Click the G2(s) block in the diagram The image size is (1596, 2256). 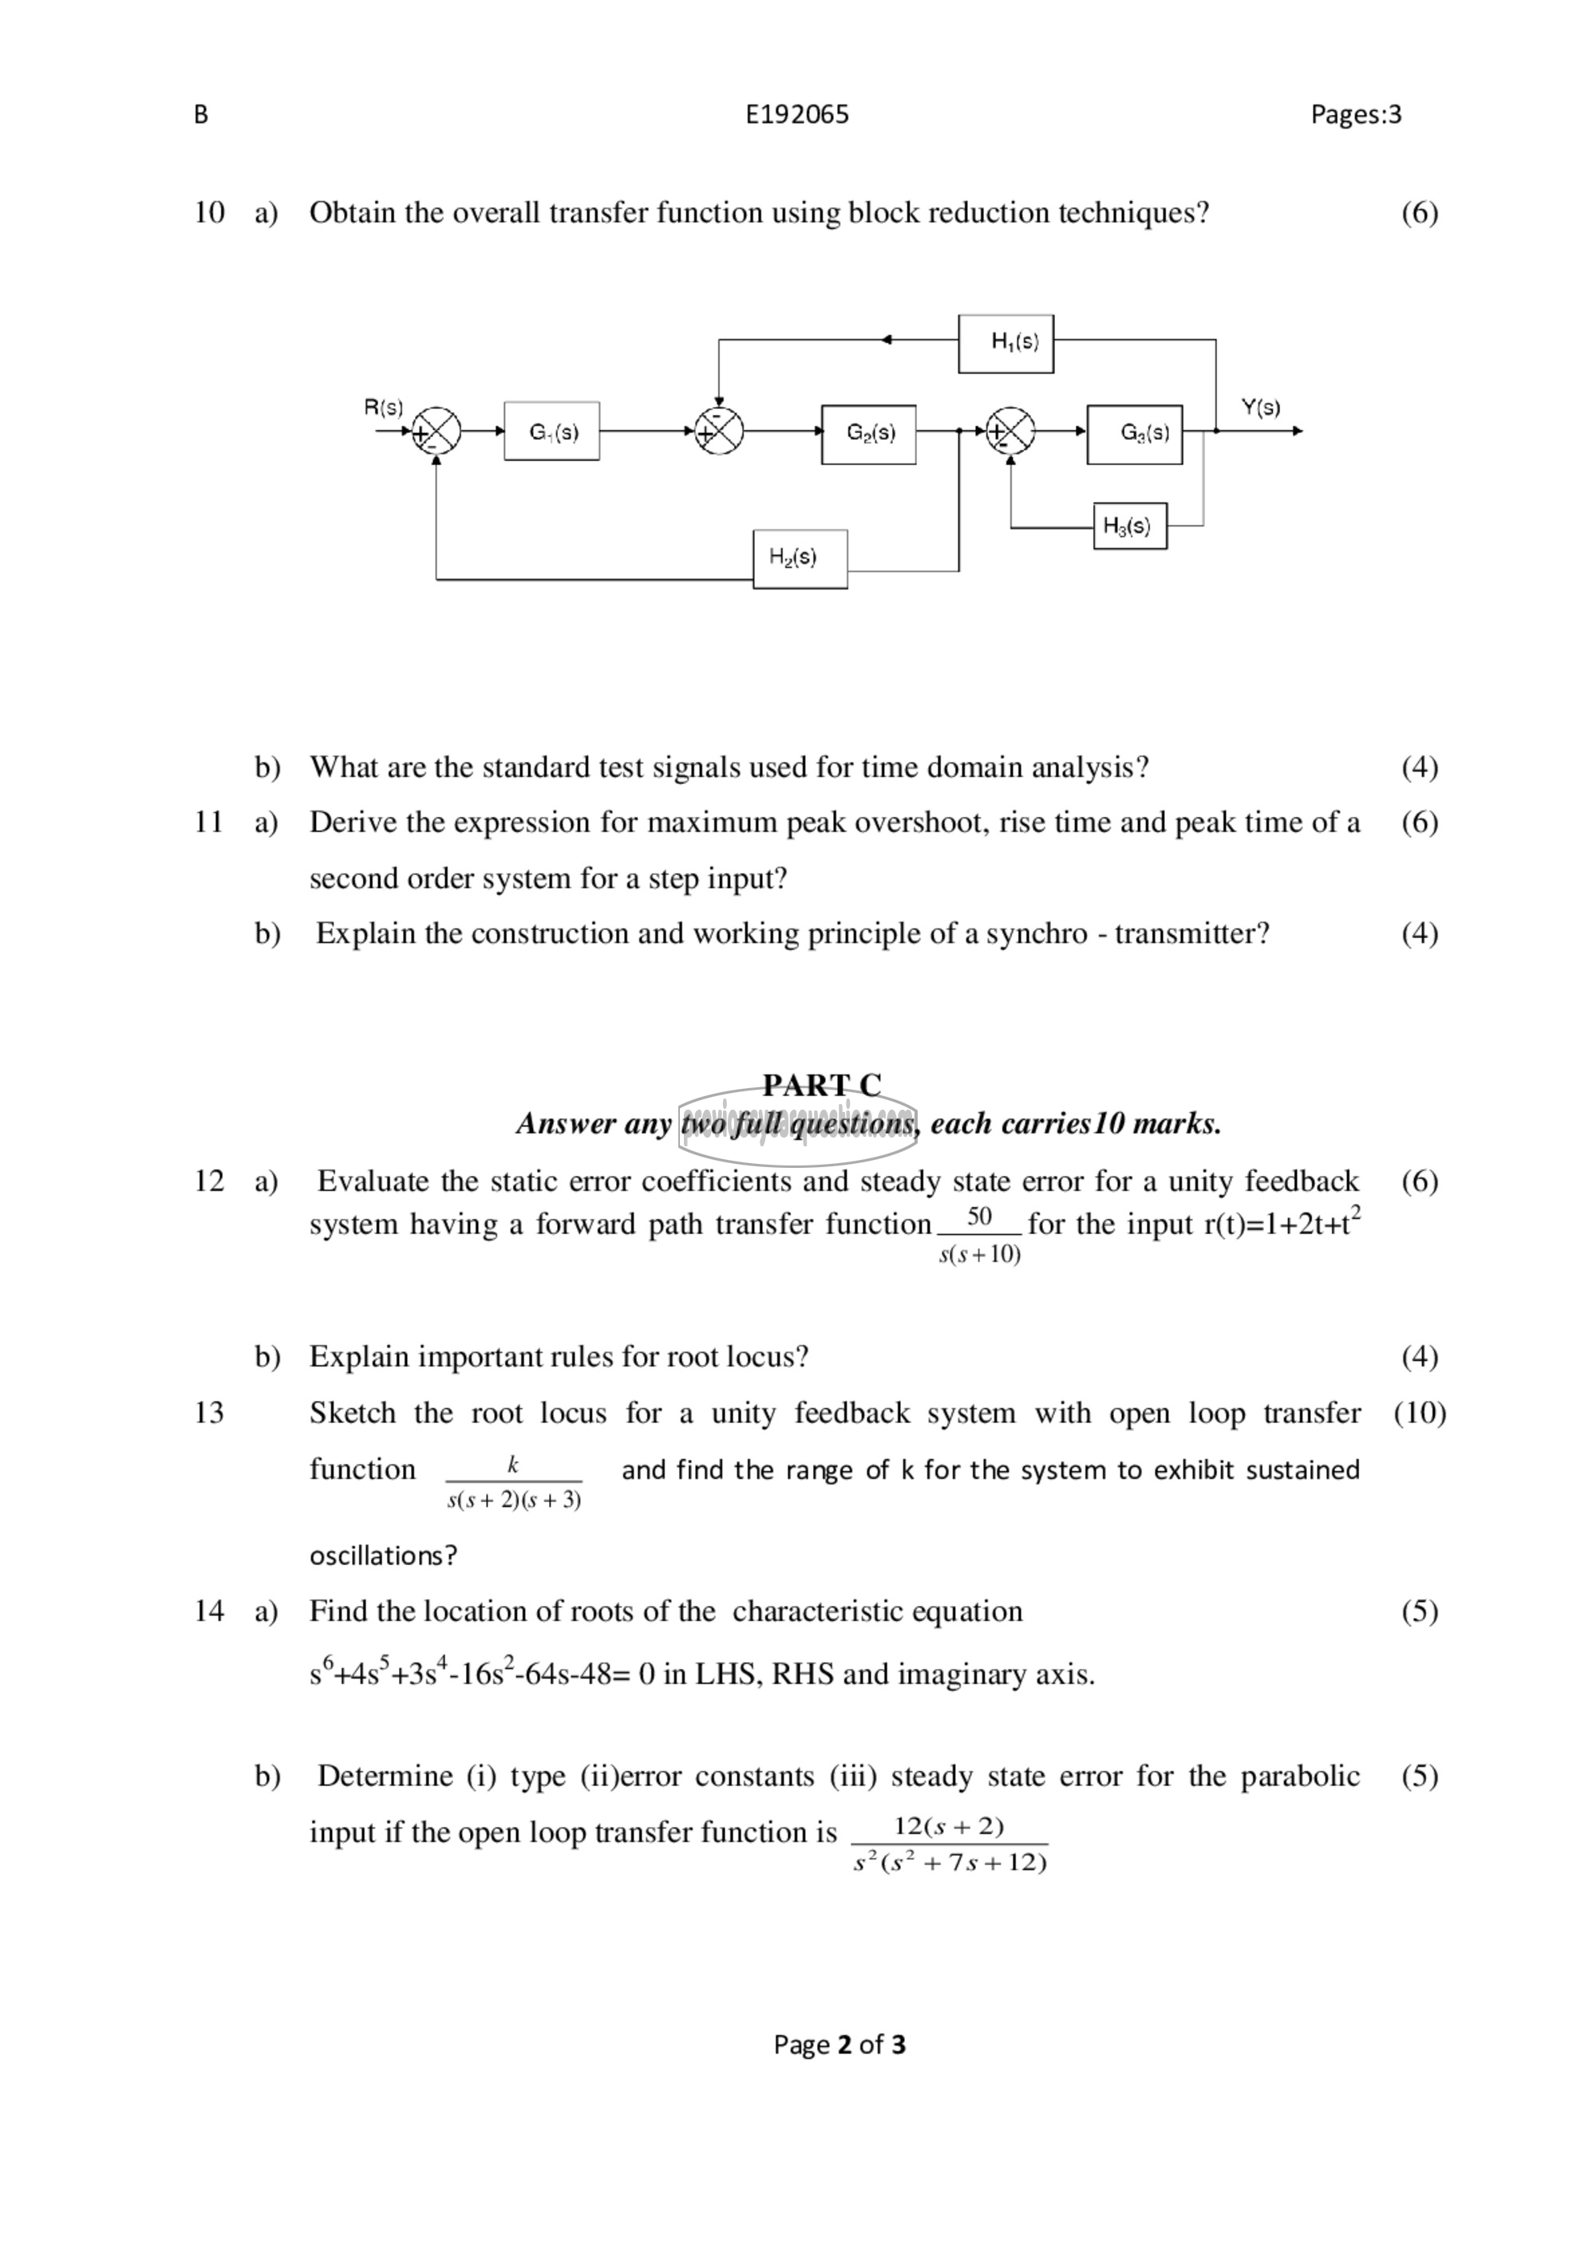pyautogui.click(x=869, y=433)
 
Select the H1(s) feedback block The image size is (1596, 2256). pyautogui.click(x=1005, y=343)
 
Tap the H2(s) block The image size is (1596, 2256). pyautogui.click(x=800, y=559)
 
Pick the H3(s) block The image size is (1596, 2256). pyautogui.click(x=1129, y=527)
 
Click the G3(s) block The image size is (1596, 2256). pyautogui.click(x=1134, y=433)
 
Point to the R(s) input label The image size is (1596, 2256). pyautogui.click(x=383, y=407)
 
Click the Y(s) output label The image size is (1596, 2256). pyautogui.click(x=1260, y=407)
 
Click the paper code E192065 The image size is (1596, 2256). pyautogui.click(x=797, y=115)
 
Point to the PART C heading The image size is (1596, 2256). pyautogui.click(x=822, y=1085)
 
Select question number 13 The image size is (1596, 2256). pyautogui.click(x=209, y=1413)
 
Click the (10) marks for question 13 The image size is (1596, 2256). pyautogui.click(x=1419, y=1413)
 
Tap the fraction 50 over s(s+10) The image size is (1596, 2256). pyautogui.click(x=979, y=1234)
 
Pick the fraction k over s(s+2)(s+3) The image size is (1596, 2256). pyautogui.click(x=513, y=1481)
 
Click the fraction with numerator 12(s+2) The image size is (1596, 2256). pyautogui.click(x=950, y=1844)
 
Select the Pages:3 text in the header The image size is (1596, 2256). pyautogui.click(x=1355, y=115)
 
